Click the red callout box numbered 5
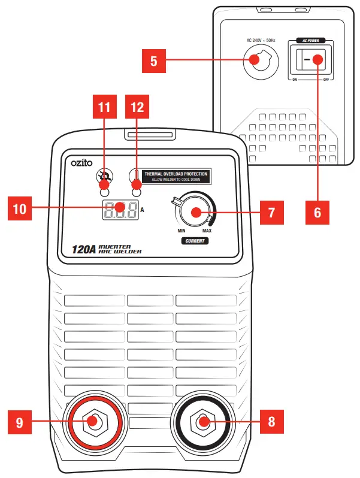tap(155, 60)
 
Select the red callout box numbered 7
tap(271, 212)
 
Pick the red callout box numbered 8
tap(271, 421)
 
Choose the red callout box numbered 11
tap(104, 108)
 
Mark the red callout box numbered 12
tap(137, 108)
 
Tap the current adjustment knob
tap(195, 212)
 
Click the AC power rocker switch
tap(309, 60)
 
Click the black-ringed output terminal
tap(202, 421)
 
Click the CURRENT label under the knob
tap(195, 241)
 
